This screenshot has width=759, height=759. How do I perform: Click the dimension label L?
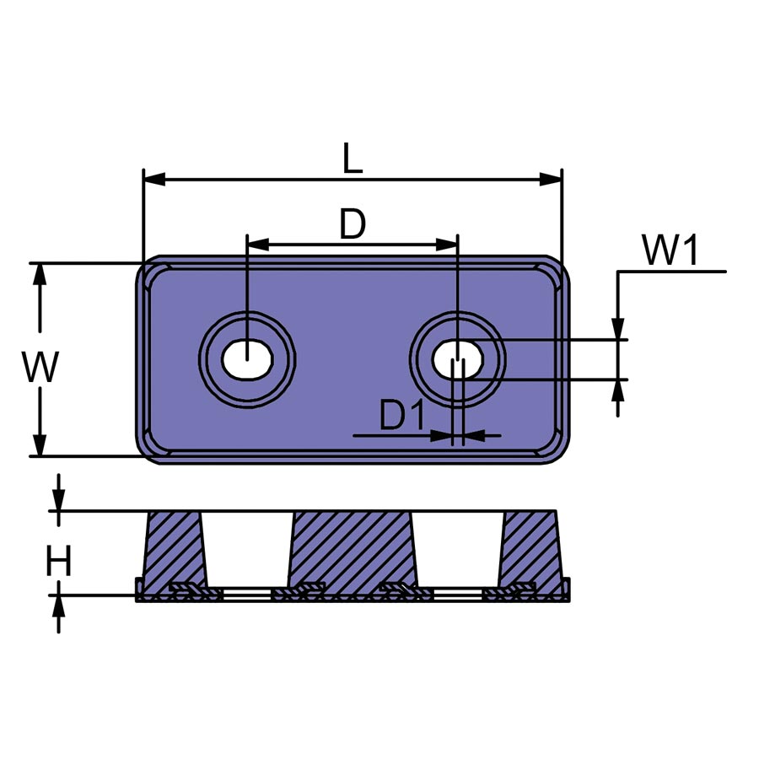click(x=353, y=158)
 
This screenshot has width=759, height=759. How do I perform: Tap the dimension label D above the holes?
click(x=353, y=223)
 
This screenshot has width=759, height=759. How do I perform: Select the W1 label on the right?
click(x=670, y=250)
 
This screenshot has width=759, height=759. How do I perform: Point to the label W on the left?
click(x=40, y=367)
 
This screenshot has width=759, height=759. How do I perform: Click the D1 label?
click(x=401, y=415)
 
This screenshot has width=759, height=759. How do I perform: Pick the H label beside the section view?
click(x=58, y=561)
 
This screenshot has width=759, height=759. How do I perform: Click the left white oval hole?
click(x=247, y=359)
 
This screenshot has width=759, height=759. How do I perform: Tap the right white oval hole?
click(x=458, y=359)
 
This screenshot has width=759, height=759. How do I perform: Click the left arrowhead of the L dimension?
click(x=154, y=179)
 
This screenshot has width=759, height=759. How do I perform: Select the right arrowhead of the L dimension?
click(x=551, y=179)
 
